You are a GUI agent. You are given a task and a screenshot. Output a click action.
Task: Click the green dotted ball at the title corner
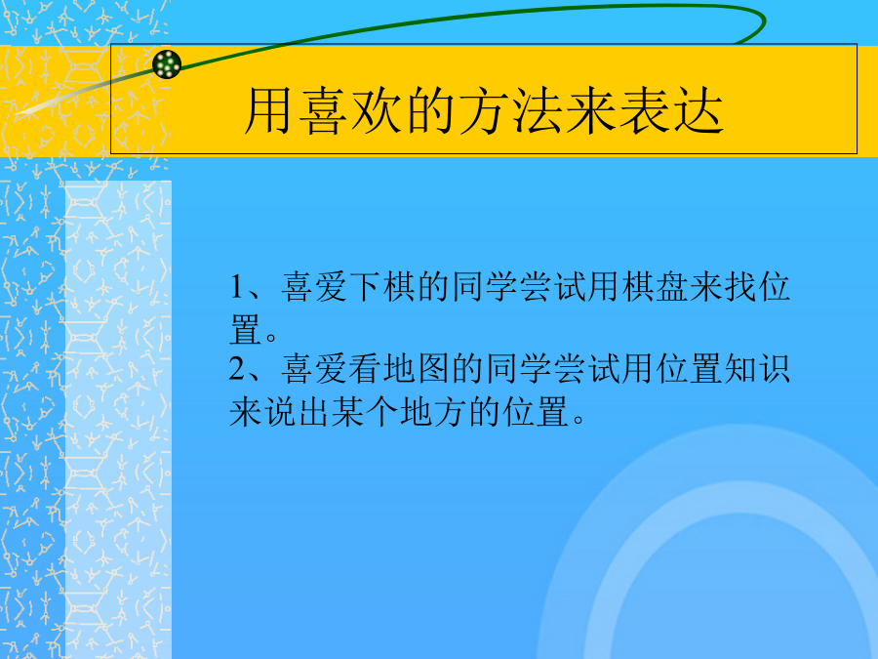[167, 63]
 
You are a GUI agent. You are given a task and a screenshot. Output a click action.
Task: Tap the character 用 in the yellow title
[268, 110]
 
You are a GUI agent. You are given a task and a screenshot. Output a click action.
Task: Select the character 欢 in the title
[377, 110]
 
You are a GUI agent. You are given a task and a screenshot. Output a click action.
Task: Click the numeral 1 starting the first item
[237, 287]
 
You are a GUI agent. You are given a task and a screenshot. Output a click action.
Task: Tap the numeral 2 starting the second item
[237, 369]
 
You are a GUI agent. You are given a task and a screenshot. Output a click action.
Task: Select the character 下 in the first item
[365, 287]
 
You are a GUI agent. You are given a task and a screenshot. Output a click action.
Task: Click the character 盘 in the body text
[672, 287]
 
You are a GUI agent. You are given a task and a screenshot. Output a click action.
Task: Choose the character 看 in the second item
[365, 369]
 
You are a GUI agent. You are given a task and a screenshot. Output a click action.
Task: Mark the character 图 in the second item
[433, 369]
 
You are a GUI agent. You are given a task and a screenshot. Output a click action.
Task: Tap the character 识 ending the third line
[775, 369]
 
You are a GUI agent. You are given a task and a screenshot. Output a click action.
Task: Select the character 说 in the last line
[280, 412]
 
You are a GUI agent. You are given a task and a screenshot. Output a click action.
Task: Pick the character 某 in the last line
[348, 412]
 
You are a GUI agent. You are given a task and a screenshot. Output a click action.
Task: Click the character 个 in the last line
[382, 412]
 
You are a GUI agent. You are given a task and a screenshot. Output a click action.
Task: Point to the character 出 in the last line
[314, 412]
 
